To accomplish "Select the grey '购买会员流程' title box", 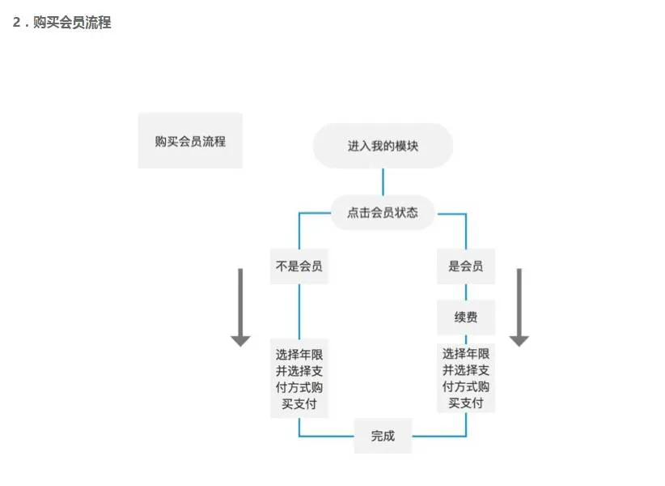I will [x=190, y=141].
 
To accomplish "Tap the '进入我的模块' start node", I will [x=383, y=146].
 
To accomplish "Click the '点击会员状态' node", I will [x=383, y=212].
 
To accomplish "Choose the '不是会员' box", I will [x=299, y=266].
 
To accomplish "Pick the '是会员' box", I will [x=466, y=266].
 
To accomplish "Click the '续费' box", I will [x=466, y=317].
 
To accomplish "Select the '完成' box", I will [x=383, y=436].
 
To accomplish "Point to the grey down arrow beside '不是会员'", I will [x=240, y=306].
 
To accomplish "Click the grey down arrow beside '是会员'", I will [x=519, y=306].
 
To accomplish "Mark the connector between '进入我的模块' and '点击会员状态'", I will [x=383, y=181].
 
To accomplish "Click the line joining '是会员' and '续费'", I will [x=466, y=292].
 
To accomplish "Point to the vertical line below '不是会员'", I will [x=299, y=312].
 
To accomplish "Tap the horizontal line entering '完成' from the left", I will [x=327, y=436].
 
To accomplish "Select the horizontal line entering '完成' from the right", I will [x=438, y=436].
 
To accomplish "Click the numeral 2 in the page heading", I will [x=16, y=23].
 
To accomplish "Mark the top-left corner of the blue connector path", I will [x=299, y=214].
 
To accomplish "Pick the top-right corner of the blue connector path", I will [x=466, y=214].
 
